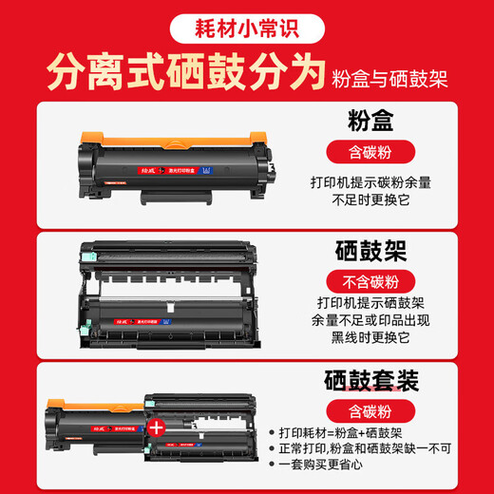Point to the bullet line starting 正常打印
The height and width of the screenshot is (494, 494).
pyautogui.click(x=375, y=448)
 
